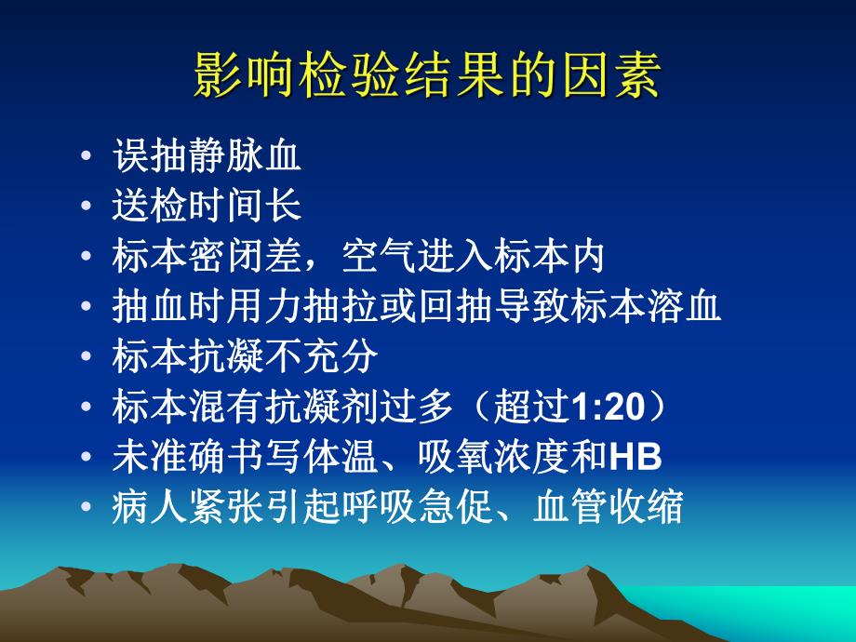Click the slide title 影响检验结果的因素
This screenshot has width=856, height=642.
[427, 76]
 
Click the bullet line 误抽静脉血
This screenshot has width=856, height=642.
[207, 156]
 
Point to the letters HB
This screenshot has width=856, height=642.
[635, 457]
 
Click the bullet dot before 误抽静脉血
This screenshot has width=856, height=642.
[87, 157]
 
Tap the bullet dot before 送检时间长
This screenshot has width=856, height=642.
[87, 207]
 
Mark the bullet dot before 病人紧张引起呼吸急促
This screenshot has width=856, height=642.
[87, 508]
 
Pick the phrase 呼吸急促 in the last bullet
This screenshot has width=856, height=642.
[435, 508]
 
